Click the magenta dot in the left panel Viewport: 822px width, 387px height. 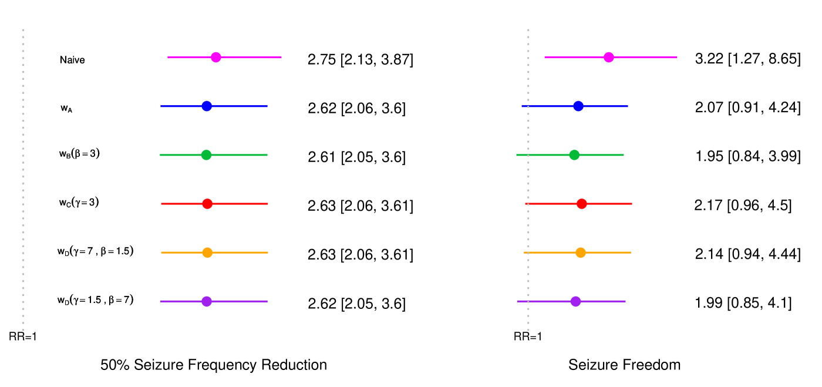click(x=216, y=58)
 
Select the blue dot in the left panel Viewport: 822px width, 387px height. click(x=207, y=106)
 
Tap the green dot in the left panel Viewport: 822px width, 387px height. click(x=206, y=155)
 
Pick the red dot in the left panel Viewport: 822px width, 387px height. click(x=207, y=204)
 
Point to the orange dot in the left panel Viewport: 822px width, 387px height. click(x=207, y=253)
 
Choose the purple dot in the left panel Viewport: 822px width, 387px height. click(x=207, y=301)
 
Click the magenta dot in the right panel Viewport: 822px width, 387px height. click(x=609, y=58)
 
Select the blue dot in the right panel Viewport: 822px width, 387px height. click(x=578, y=106)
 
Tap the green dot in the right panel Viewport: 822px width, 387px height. click(x=574, y=155)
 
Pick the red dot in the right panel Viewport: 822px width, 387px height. click(x=582, y=204)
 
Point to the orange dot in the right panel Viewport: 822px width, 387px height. click(x=581, y=253)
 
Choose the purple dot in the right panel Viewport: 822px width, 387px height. click(x=575, y=301)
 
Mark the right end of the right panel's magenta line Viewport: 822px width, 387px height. click(x=677, y=58)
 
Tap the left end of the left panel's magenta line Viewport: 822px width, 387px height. click(x=168, y=58)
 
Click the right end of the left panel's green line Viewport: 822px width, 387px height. click(x=267, y=155)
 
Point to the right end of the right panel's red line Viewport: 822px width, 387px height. click(x=632, y=204)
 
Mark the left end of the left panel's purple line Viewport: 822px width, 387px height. click(x=161, y=301)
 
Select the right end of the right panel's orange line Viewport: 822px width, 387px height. click(x=631, y=253)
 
